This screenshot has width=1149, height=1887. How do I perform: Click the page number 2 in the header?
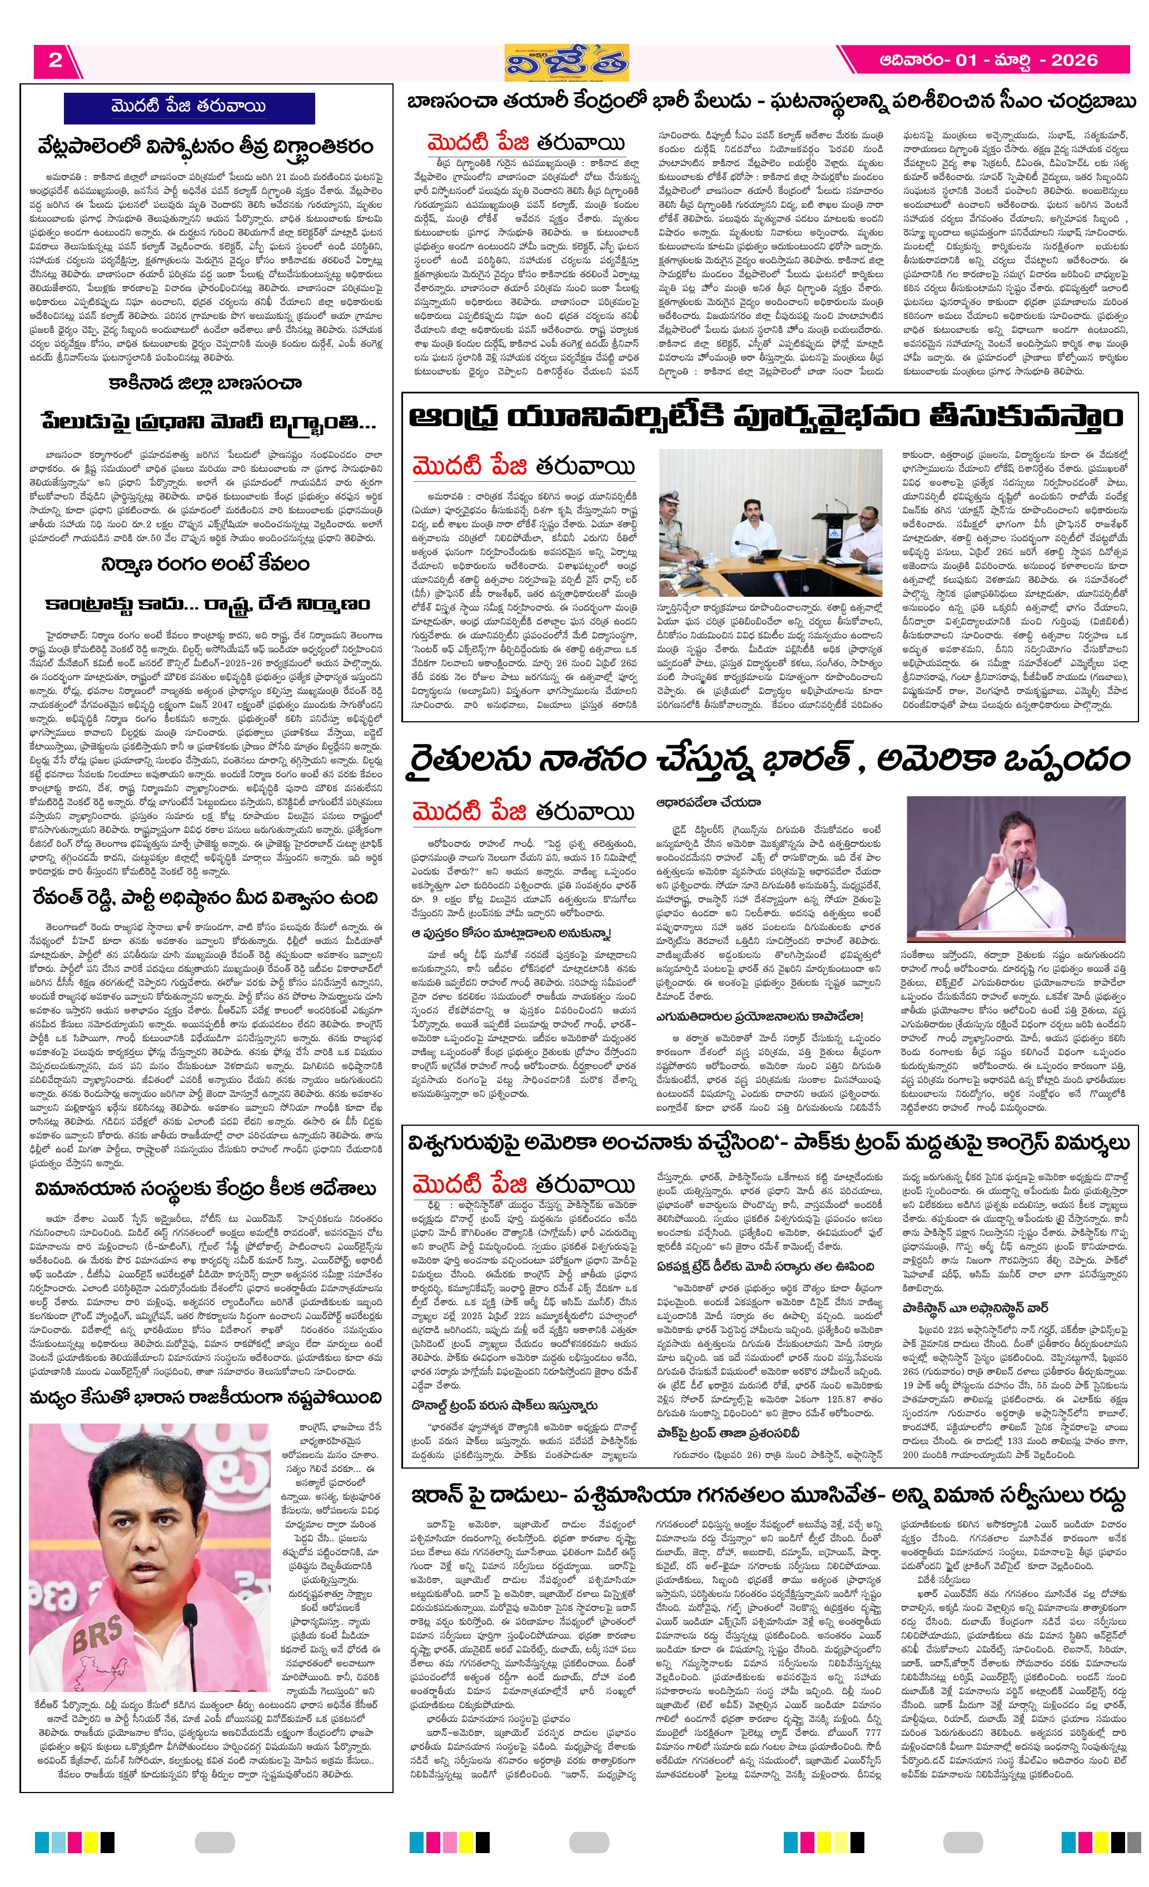point(55,61)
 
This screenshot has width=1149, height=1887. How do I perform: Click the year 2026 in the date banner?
point(1073,61)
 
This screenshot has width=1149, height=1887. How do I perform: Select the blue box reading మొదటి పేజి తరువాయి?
point(188,107)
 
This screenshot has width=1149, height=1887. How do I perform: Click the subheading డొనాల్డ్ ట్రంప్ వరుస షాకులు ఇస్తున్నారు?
point(503,1406)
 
